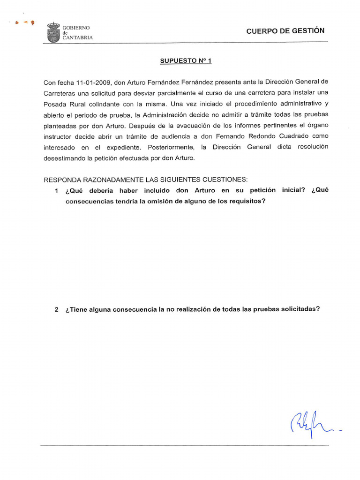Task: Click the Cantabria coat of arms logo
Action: click(x=53, y=32)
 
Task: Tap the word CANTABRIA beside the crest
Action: click(x=77, y=37)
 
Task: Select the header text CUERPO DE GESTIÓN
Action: click(x=285, y=31)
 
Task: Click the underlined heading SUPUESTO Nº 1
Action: click(x=182, y=60)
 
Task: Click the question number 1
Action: click(x=56, y=190)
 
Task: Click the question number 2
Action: click(x=56, y=309)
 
